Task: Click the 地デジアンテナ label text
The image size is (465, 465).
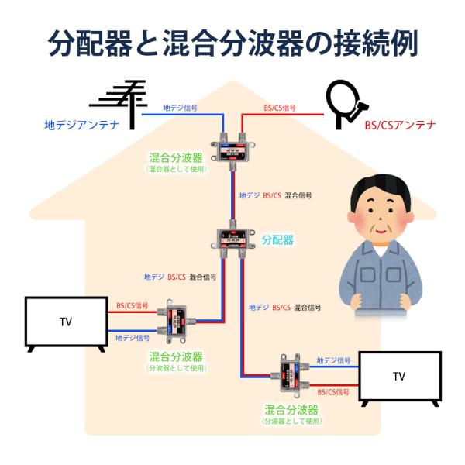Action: pos(81,125)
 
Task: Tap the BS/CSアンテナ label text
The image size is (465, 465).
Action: pos(400,125)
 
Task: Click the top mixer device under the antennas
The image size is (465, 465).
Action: pos(235,146)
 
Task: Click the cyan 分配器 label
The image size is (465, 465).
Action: pos(277,240)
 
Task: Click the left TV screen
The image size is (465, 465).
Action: pos(66,322)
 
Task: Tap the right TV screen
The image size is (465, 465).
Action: pos(399,377)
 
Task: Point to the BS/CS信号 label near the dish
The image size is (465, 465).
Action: pos(281,108)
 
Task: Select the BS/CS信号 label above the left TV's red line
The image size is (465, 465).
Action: pos(133,306)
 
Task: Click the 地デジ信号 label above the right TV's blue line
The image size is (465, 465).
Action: pos(333,361)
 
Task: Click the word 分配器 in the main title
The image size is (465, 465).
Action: pos(92,43)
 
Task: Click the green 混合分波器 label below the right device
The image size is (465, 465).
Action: pos(292,409)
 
